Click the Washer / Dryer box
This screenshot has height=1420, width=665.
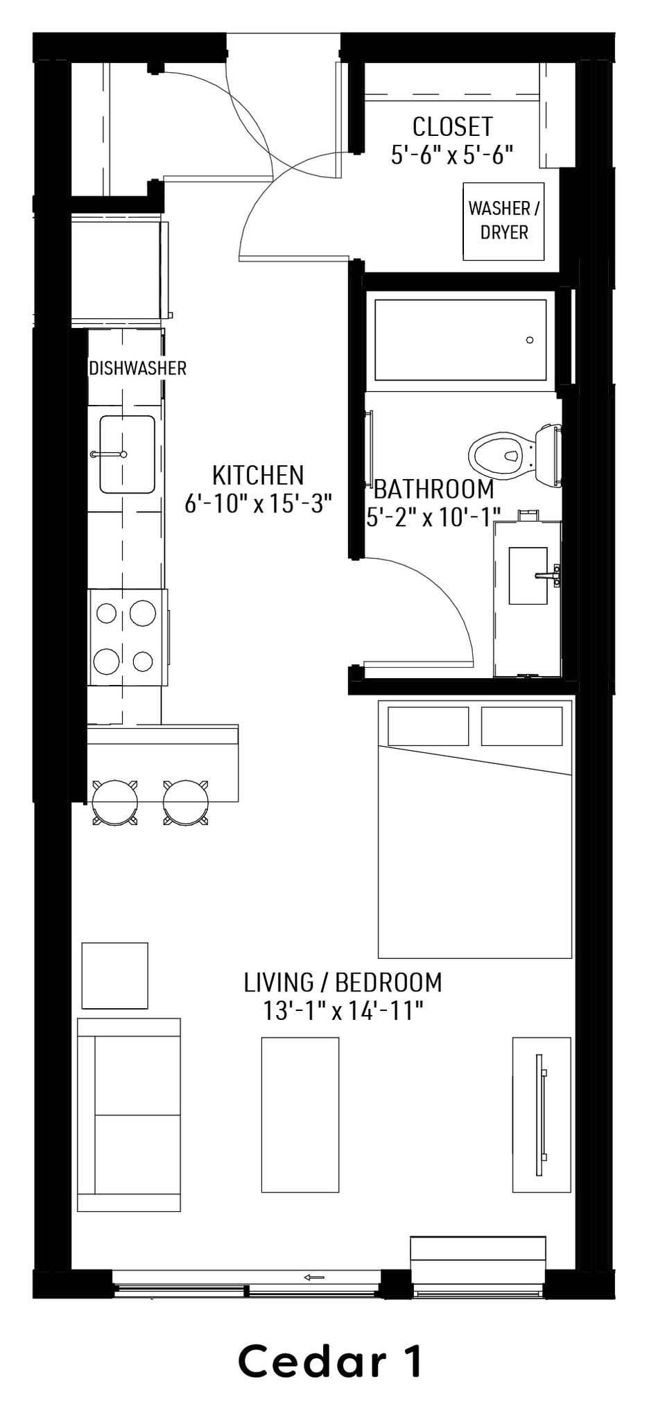(x=503, y=221)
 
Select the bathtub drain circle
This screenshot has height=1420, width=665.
(x=530, y=340)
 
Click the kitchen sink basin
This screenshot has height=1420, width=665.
(x=127, y=454)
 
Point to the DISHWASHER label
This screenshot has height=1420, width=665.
(x=138, y=368)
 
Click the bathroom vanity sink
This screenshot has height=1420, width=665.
(x=528, y=575)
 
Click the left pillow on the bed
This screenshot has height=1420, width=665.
(x=428, y=726)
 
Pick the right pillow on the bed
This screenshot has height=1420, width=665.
(x=521, y=726)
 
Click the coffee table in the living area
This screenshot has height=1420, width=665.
(x=300, y=1115)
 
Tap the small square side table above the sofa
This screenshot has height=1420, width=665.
(x=115, y=976)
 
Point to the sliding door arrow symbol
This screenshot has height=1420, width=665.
(x=314, y=1277)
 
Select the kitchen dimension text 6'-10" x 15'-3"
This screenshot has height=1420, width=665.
(x=258, y=503)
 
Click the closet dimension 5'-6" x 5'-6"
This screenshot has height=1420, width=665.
(x=452, y=155)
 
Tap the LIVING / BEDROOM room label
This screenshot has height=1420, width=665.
(x=343, y=982)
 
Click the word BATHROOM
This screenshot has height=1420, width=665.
(x=434, y=490)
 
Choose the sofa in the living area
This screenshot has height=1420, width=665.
(x=129, y=1114)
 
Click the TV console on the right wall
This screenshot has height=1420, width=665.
(x=542, y=1115)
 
